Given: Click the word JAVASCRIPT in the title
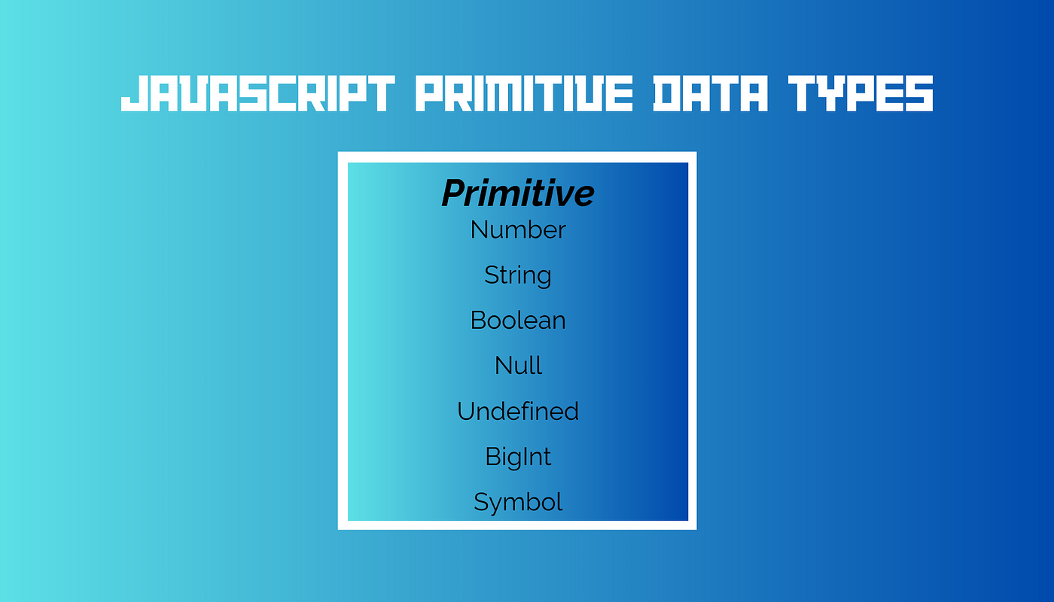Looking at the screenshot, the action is pyautogui.click(x=257, y=93).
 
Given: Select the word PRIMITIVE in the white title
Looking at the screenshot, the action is pyautogui.click(x=524, y=93).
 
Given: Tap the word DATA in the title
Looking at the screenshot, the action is pyautogui.click(x=711, y=93).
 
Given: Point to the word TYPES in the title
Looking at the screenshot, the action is pyautogui.click(x=861, y=93).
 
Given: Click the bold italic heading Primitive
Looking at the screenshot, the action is pyautogui.click(x=518, y=193).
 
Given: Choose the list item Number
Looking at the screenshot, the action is pyautogui.click(x=518, y=230).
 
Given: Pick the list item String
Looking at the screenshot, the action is pyautogui.click(x=518, y=275).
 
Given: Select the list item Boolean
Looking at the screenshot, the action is pyautogui.click(x=518, y=321).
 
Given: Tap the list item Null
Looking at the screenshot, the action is pyautogui.click(x=518, y=366).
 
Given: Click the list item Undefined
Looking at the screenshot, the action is pyautogui.click(x=518, y=411).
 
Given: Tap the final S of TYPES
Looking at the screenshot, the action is pyautogui.click(x=919, y=93).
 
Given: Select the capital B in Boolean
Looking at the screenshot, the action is pyautogui.click(x=479, y=321).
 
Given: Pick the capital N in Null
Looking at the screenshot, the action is pyautogui.click(x=503, y=366).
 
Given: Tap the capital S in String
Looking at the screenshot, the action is pyautogui.click(x=492, y=275).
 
